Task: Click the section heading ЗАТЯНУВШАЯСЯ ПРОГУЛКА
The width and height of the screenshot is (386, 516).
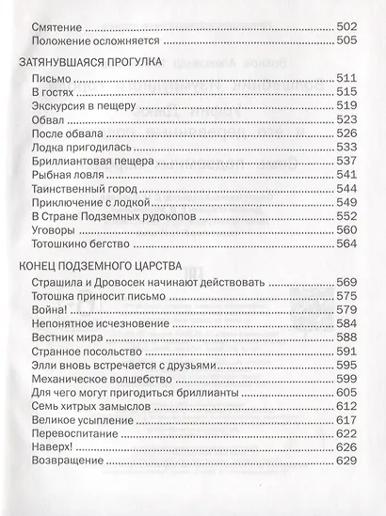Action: (x=89, y=62)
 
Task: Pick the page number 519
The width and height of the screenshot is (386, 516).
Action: (x=348, y=109)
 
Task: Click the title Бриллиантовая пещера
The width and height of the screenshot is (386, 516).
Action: (x=91, y=160)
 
